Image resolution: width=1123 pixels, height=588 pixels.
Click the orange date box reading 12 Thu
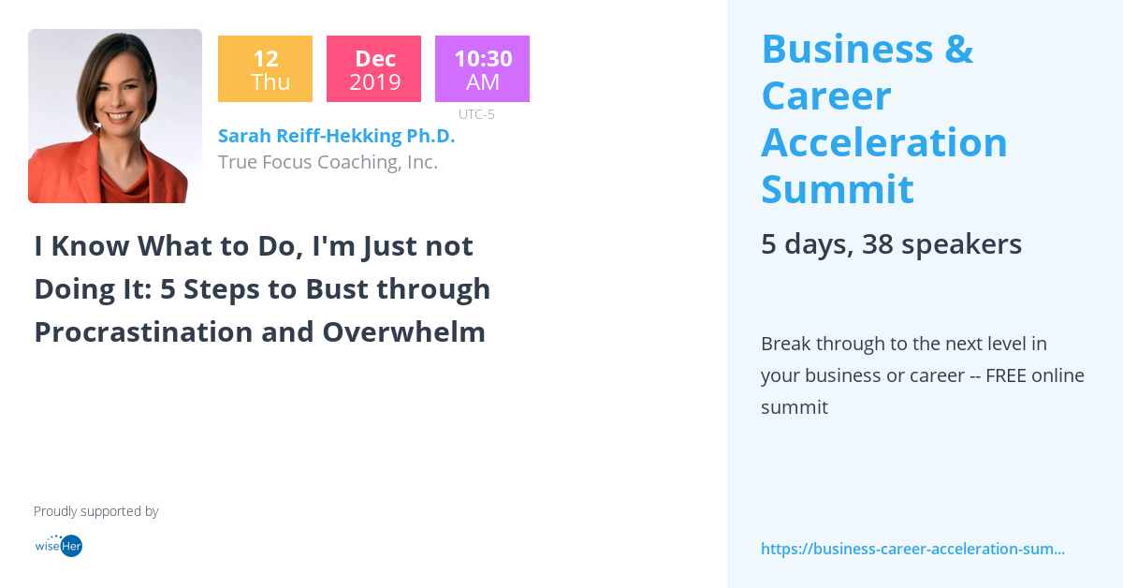265,69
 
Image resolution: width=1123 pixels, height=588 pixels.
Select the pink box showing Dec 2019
373,69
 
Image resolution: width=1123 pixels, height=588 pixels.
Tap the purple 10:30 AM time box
482,69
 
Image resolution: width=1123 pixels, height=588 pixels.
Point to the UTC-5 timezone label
476,114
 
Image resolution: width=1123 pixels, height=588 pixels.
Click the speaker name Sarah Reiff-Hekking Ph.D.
336,136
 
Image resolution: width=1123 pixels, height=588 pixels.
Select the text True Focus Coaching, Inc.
328,162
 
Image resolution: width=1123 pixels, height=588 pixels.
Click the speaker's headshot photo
115,116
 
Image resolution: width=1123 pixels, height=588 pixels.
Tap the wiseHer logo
58,545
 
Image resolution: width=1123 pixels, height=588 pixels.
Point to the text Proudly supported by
95,511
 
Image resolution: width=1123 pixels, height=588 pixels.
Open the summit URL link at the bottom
912,549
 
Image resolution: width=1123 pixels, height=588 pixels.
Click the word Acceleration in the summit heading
883,142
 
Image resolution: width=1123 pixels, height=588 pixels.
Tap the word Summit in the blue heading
837,189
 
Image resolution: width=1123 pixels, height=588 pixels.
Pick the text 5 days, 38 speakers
891,244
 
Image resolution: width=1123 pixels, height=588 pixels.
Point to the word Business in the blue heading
847,49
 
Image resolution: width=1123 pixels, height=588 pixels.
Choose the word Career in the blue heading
825,96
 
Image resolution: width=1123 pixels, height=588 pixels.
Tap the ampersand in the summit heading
958,49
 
